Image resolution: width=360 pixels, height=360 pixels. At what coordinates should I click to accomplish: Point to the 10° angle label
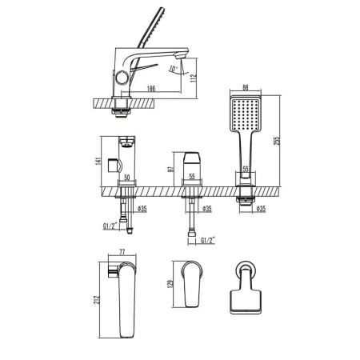coord(174,69)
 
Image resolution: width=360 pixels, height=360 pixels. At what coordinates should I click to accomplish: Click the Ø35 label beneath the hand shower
coord(259,210)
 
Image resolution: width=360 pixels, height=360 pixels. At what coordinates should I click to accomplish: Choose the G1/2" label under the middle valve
coord(209,238)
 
